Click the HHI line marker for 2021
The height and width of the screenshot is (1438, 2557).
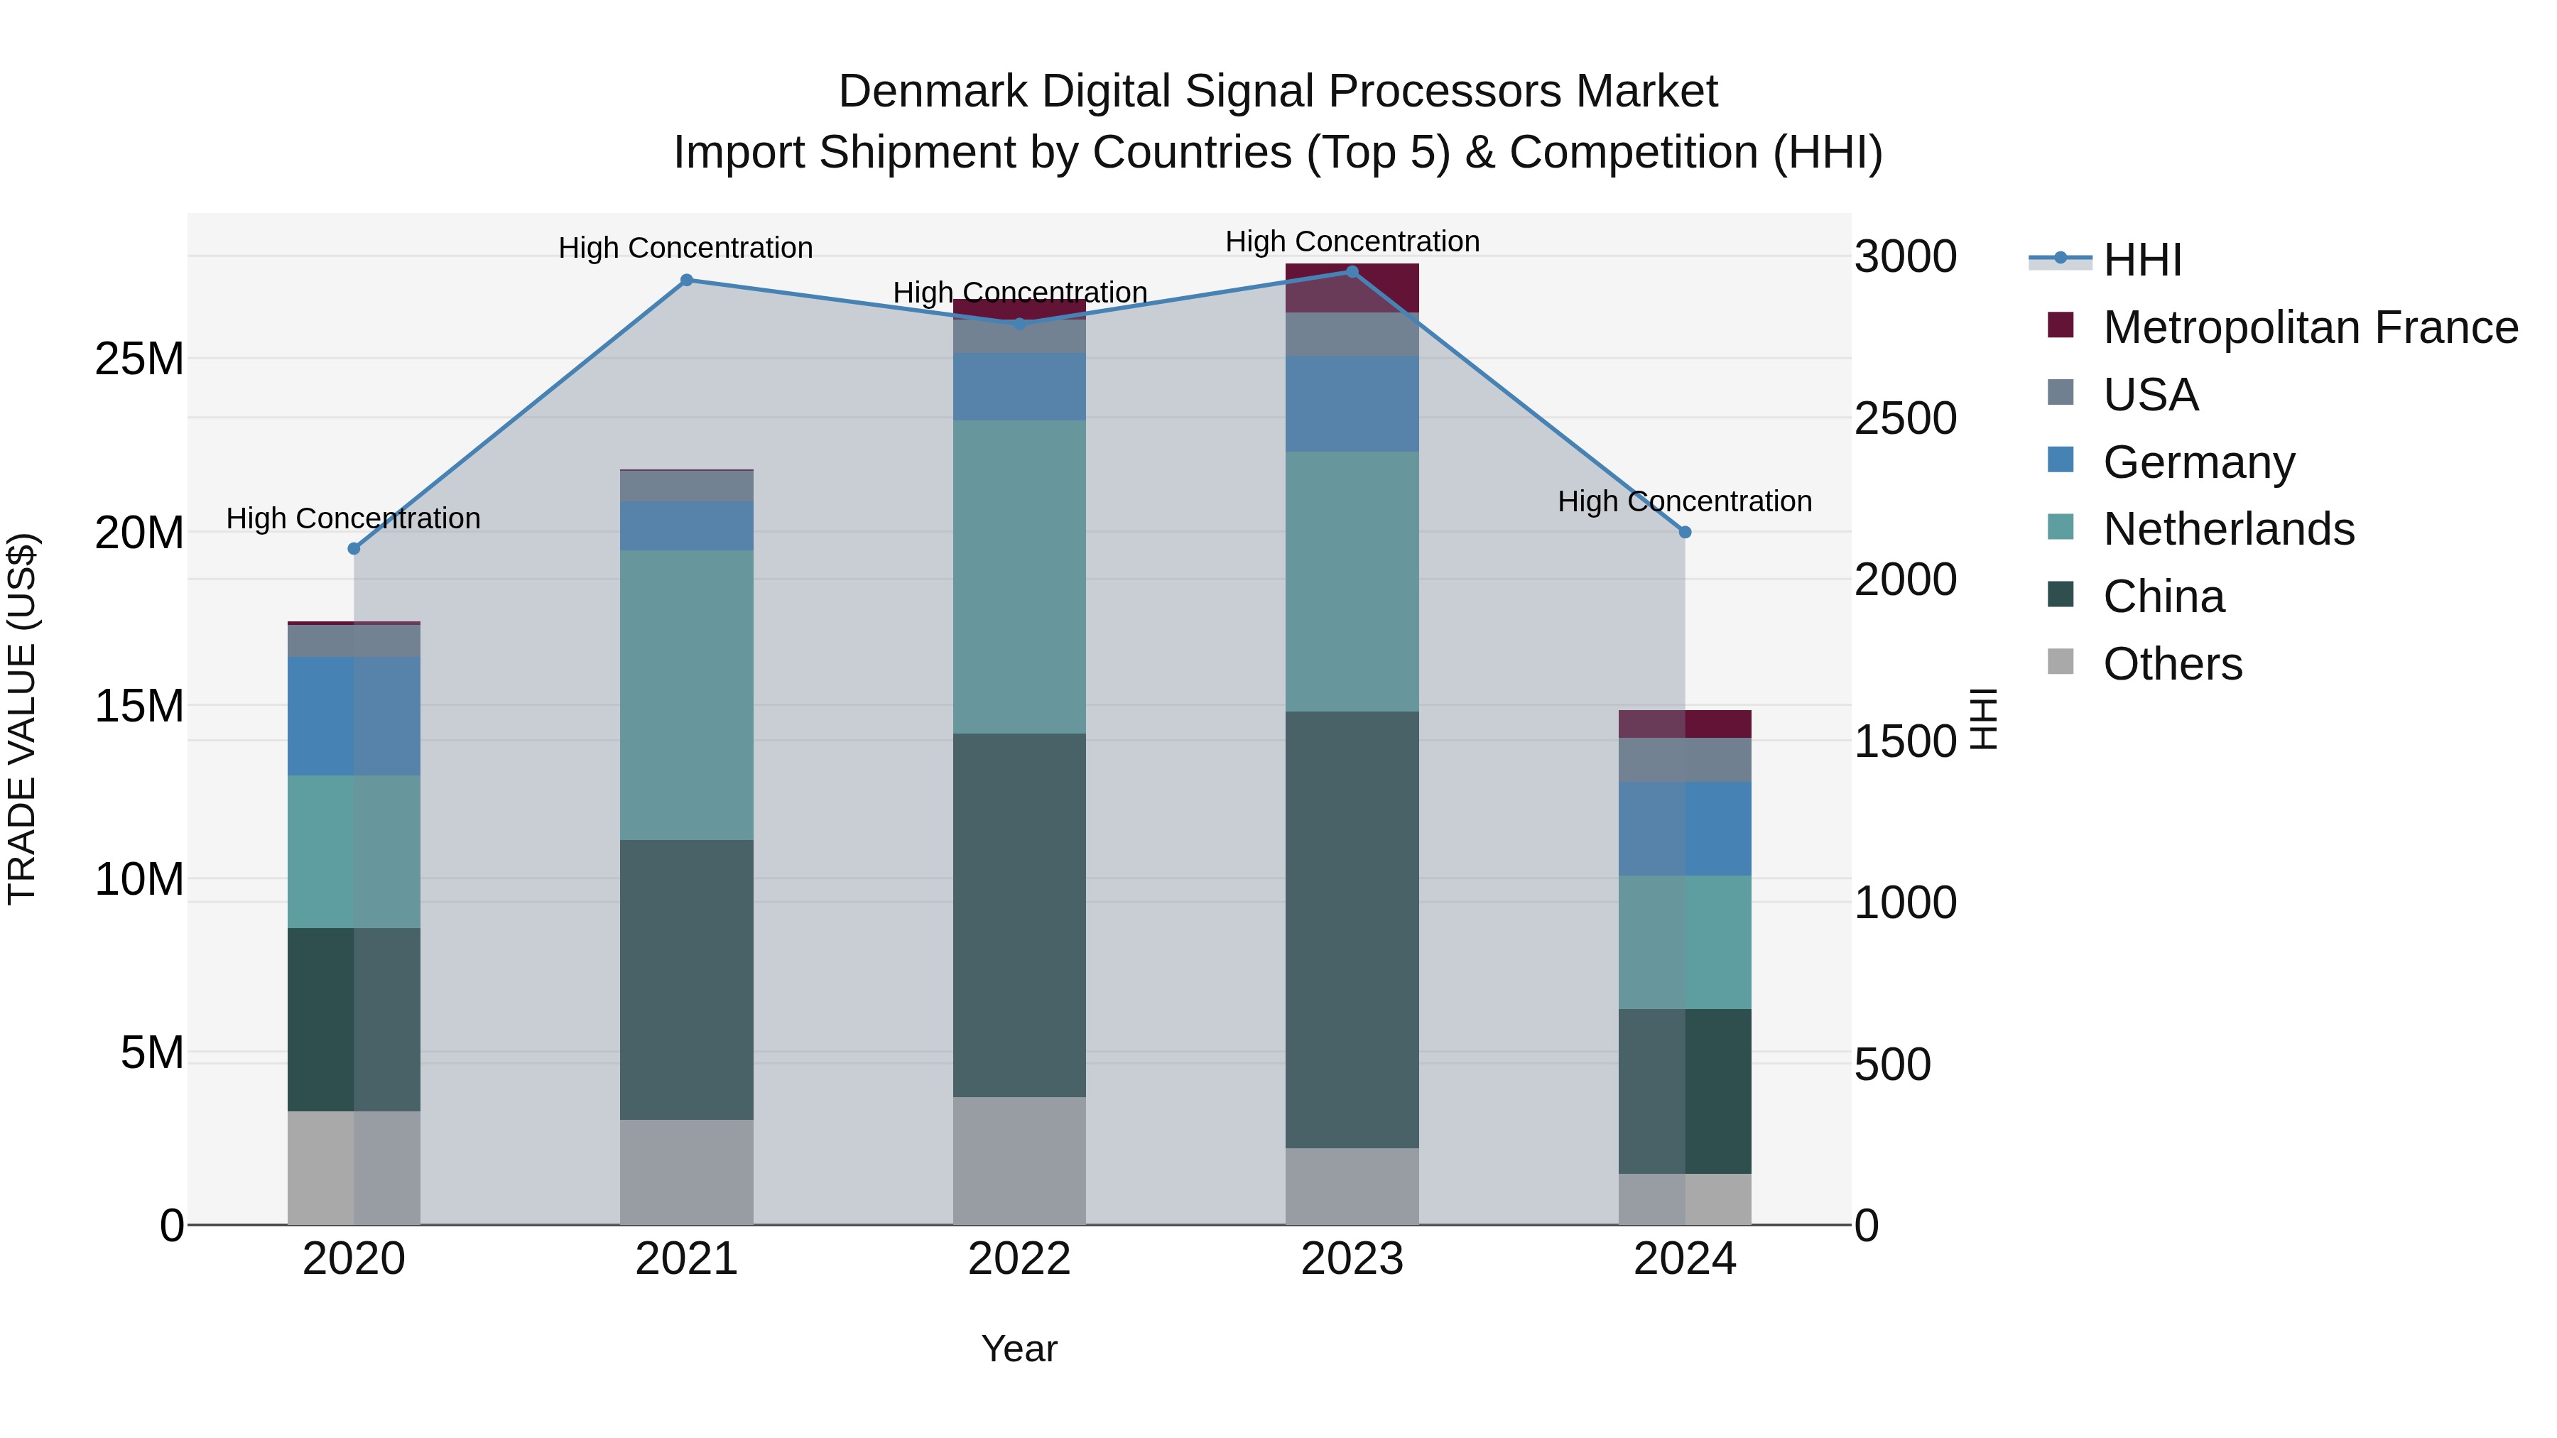(x=686, y=280)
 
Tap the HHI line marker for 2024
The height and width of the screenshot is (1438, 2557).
(x=1685, y=532)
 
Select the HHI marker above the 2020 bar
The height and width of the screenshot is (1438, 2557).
(x=354, y=549)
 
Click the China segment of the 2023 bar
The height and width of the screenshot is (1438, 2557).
(x=1352, y=929)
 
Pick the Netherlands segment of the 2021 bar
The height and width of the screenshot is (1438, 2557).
(x=686, y=695)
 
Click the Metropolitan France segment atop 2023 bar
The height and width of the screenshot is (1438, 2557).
(x=1352, y=288)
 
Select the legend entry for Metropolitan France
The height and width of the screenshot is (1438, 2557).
(x=2309, y=327)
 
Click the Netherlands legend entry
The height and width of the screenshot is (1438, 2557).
(x=2227, y=529)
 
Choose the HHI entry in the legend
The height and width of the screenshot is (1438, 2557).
(x=2142, y=260)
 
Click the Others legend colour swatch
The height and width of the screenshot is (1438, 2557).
(x=2061, y=662)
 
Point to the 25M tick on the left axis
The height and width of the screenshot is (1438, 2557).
(x=139, y=359)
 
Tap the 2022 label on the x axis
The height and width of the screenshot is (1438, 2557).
(x=1019, y=1259)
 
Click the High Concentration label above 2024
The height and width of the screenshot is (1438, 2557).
(x=1685, y=501)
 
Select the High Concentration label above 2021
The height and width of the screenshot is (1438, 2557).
(x=686, y=247)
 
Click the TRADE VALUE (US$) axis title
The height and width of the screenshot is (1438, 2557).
(x=22, y=719)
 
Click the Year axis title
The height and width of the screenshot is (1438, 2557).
(x=1019, y=1349)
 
